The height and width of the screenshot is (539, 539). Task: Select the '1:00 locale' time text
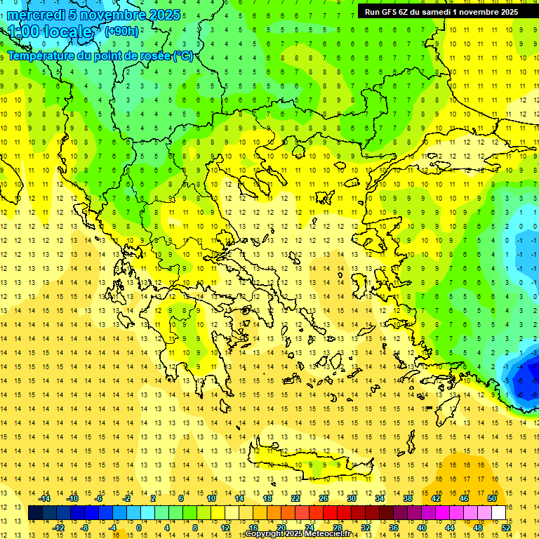pos(50,32)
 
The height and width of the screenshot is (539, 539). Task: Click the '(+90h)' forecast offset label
pos(121,31)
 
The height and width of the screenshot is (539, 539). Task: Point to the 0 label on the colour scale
pos(139,528)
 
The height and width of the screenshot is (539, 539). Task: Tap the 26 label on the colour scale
pos(324,498)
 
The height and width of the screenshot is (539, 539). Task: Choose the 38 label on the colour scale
pos(407,498)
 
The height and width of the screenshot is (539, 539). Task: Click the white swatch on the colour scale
pos(498,513)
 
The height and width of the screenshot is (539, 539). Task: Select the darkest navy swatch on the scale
pos(35,513)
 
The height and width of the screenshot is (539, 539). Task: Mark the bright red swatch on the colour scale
pos(331,513)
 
